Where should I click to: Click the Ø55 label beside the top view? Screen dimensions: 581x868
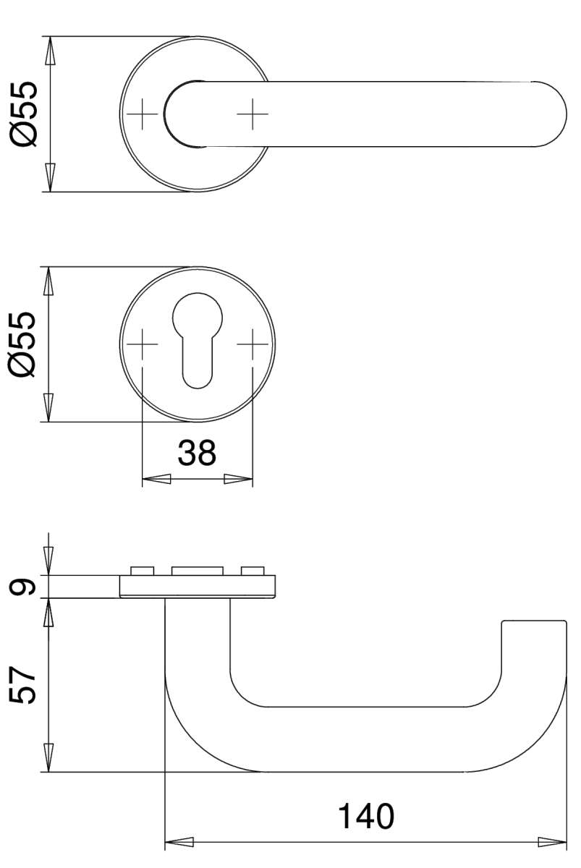tap(24, 114)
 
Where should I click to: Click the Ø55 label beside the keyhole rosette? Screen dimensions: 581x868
tap(23, 344)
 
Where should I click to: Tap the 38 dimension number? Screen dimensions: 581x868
tap(197, 453)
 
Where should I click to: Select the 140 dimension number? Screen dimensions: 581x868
tap(366, 816)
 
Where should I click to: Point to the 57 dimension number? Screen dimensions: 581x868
tap(22, 685)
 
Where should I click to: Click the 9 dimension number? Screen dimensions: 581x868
tap(22, 587)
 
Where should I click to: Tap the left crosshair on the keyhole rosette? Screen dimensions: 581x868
tap(143, 344)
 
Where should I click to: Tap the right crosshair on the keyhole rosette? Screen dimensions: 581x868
tap(253, 344)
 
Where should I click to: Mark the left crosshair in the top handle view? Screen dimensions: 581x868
tap(143, 114)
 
